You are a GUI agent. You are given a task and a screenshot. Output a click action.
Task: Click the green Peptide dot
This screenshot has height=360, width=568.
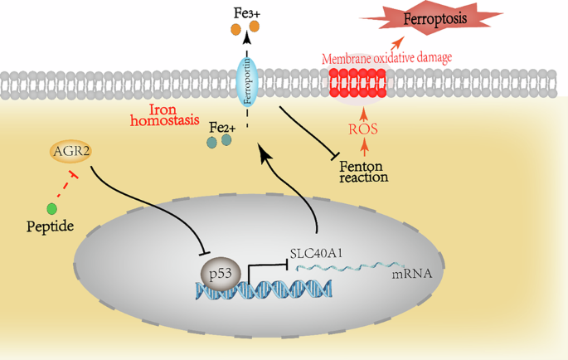52,208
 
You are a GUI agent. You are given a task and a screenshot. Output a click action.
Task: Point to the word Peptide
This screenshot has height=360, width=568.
49,226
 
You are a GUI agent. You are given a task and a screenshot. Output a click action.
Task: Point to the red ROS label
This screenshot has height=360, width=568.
362,130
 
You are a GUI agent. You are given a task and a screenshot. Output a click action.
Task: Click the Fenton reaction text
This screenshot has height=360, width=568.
364,170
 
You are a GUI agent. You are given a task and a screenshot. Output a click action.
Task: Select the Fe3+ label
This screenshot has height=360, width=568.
245,12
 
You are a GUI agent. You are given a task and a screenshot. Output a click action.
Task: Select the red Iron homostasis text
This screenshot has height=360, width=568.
164,114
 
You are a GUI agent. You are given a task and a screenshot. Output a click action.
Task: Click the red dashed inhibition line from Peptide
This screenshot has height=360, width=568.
66,187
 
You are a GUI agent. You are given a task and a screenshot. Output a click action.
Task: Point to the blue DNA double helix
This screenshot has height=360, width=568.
265,289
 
